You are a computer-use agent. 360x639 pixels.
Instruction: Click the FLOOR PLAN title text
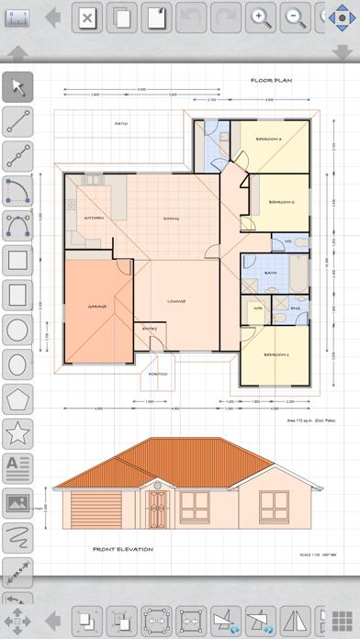(x=271, y=81)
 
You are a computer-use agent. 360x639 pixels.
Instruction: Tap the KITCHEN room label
(x=95, y=218)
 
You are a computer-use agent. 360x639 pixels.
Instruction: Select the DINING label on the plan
(x=171, y=218)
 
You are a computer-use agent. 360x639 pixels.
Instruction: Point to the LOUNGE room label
(x=177, y=301)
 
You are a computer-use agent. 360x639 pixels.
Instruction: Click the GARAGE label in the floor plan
(x=97, y=306)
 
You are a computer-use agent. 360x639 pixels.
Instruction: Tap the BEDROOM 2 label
(x=280, y=201)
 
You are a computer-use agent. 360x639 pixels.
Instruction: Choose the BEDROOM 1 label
(x=276, y=353)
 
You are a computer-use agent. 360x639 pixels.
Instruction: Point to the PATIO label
(x=121, y=123)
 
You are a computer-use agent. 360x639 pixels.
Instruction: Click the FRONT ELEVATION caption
(x=122, y=549)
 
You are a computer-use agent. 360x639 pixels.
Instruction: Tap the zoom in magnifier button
(x=261, y=17)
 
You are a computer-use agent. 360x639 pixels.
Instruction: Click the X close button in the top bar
(x=85, y=17)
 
